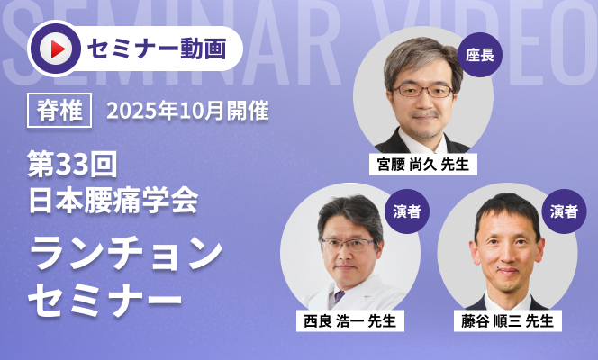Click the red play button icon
56,49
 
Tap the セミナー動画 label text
157,49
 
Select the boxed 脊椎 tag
59,110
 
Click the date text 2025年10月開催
187,111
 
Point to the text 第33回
72,164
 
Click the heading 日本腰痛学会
113,200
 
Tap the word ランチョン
126,253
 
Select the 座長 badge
480,55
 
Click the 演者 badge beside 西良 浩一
407,211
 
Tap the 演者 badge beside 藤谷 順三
564,211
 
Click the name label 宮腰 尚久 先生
423,165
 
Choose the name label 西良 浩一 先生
349,320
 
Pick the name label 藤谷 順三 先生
507,320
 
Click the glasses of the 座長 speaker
422,91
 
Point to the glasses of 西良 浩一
349,244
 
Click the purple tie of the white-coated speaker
339,297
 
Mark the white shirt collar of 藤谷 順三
508,301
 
